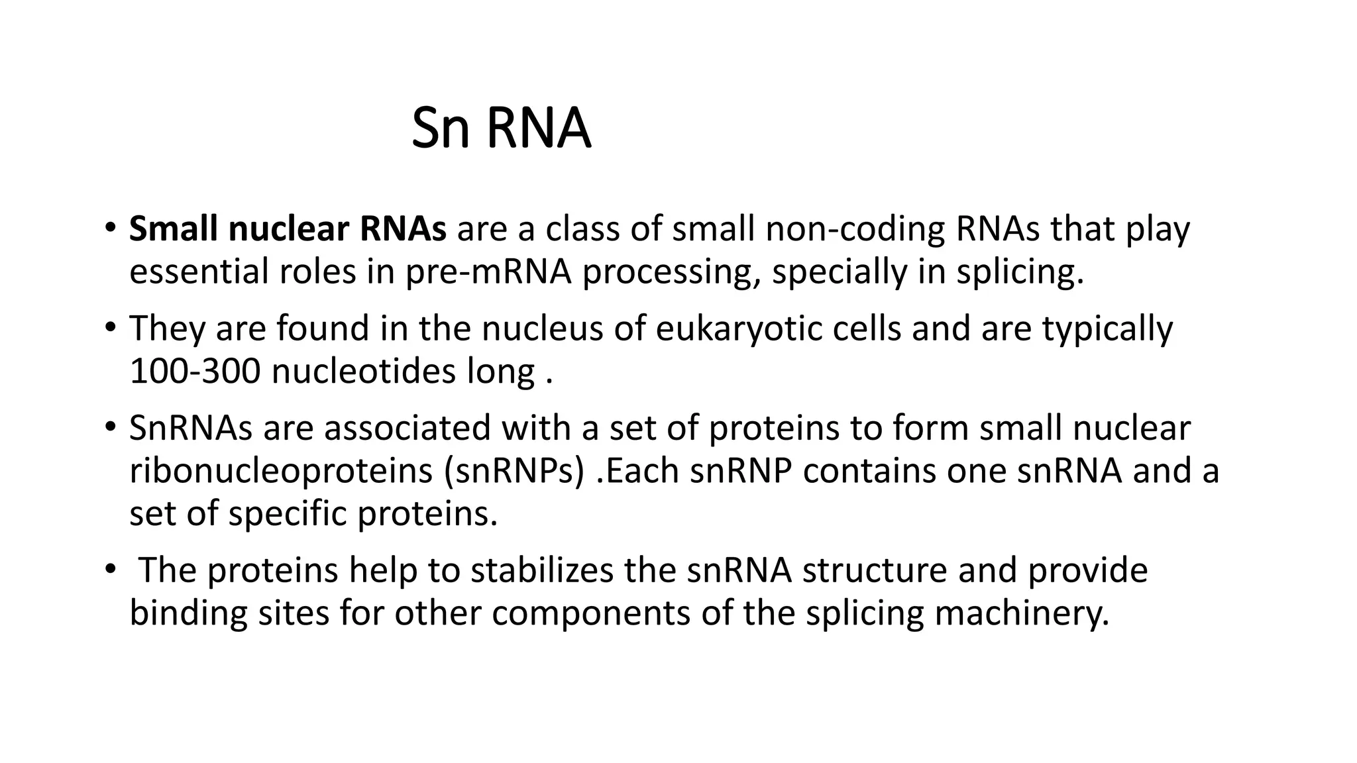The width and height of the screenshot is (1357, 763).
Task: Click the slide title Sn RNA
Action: click(x=501, y=128)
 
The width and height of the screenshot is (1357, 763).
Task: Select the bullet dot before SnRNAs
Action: click(x=110, y=425)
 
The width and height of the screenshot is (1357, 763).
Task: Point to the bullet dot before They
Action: click(x=110, y=326)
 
